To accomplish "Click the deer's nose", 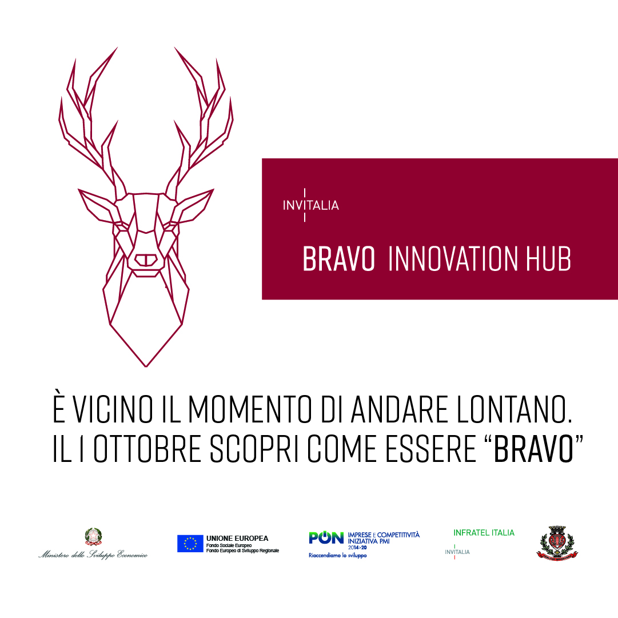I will coord(146,259).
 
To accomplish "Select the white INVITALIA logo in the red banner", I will coord(311,205).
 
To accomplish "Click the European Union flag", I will coord(190,543).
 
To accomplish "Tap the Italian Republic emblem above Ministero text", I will coord(93,537).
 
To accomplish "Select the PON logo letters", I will coord(326,537).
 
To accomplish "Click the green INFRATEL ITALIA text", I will coord(484,533).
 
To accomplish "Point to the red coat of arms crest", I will coord(557,542).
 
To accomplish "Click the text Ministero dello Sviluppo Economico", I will coord(93,554).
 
